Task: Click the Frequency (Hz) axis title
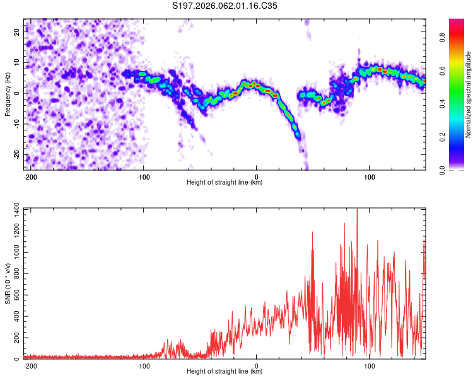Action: coord(8,94)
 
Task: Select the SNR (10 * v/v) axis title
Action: coord(8,283)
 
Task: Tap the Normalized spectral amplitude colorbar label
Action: coord(469,94)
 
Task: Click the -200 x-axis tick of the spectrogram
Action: coord(29,176)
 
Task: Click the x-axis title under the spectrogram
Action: coord(225,183)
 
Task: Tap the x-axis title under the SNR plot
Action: coord(225,372)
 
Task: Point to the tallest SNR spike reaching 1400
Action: coord(357,210)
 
